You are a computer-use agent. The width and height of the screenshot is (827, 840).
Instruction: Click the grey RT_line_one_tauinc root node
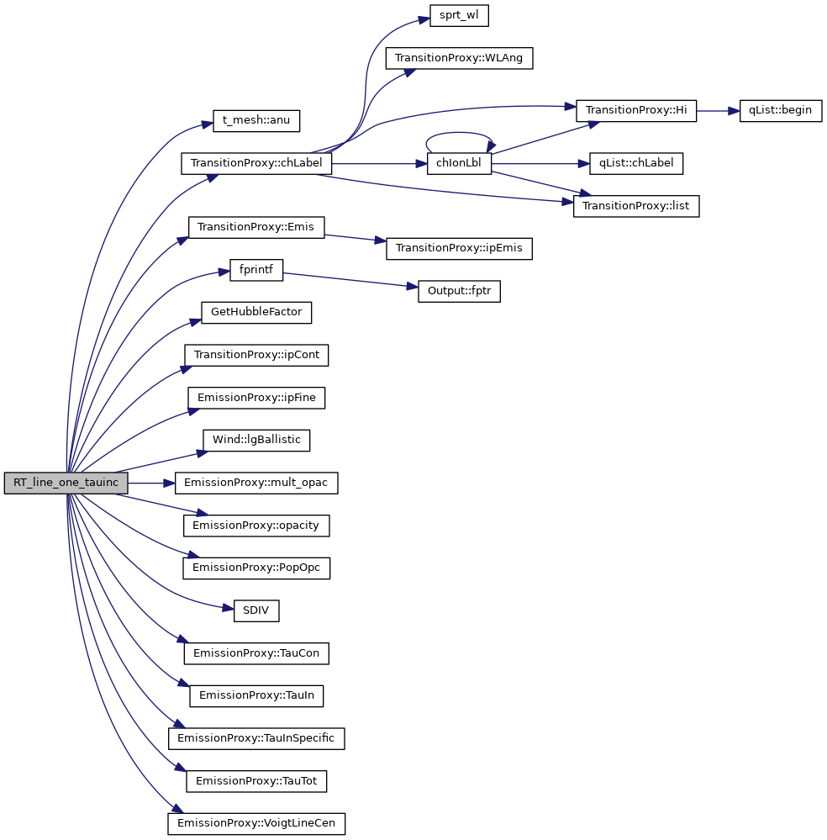(x=66, y=483)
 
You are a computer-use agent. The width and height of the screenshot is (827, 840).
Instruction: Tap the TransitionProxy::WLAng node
(x=459, y=59)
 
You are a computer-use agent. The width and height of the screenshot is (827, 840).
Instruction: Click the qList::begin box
(x=780, y=111)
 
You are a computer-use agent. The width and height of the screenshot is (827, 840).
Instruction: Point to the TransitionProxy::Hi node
(x=636, y=111)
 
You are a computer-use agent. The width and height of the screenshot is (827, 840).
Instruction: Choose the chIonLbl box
(x=459, y=164)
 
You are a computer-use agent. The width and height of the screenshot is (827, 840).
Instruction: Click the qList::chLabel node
(x=635, y=164)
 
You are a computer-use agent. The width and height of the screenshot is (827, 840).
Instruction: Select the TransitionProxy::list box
(x=636, y=206)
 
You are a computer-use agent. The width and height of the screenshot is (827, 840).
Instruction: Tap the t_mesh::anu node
(x=255, y=120)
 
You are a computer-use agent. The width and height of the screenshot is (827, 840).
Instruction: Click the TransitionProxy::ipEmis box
(x=459, y=249)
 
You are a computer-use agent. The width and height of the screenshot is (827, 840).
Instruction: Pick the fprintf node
(x=256, y=270)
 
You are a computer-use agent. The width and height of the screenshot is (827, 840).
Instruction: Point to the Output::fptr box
(x=459, y=292)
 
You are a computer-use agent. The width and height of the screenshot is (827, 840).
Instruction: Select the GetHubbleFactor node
(x=256, y=313)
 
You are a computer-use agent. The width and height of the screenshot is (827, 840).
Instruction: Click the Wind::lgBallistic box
(x=256, y=440)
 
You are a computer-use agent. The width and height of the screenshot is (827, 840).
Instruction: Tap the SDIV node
(x=255, y=610)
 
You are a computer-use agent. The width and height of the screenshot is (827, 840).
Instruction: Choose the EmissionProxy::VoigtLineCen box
(x=256, y=823)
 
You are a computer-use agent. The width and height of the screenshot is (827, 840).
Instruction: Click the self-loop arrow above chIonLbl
(x=459, y=134)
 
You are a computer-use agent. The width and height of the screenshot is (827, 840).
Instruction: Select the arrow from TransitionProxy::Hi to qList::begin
(x=718, y=111)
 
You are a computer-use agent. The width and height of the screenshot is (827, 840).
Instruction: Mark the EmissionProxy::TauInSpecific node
(x=256, y=738)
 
